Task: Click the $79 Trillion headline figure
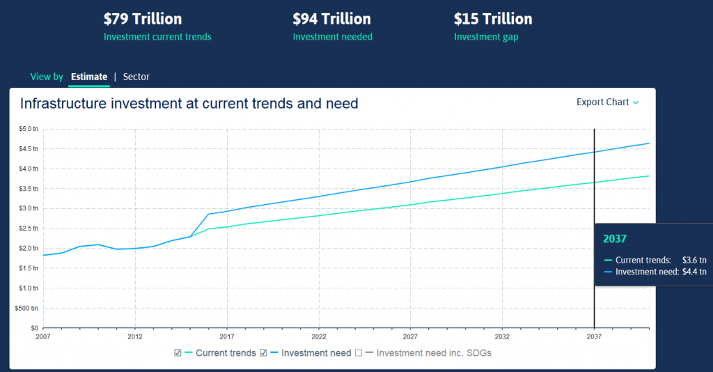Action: point(143,19)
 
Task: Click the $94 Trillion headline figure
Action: point(331,19)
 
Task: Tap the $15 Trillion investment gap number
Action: point(493,19)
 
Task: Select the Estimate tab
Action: point(89,77)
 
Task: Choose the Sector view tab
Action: point(136,77)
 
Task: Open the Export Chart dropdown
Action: point(607,102)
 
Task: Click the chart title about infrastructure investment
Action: point(189,104)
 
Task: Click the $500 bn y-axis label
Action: point(28,308)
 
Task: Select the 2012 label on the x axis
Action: point(135,335)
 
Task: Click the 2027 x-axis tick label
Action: point(410,335)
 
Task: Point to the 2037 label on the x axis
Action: point(594,335)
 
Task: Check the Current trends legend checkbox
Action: point(178,353)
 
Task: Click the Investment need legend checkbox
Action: point(264,353)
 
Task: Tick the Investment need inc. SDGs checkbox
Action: point(359,353)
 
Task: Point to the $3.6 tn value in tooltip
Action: point(694,260)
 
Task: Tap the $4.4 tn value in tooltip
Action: point(694,272)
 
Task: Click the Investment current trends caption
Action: point(157,37)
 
